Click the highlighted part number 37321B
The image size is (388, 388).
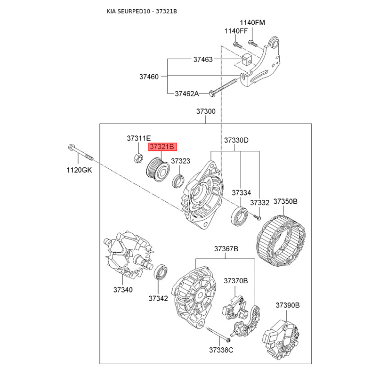pyautogui.click(x=162, y=147)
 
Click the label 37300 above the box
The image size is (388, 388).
pyautogui.click(x=206, y=112)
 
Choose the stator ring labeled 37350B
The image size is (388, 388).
pyautogui.click(x=281, y=241)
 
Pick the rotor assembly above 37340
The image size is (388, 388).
pyautogui.click(x=128, y=255)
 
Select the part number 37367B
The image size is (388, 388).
pyautogui.click(x=226, y=249)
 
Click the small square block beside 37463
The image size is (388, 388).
pyautogui.click(x=246, y=60)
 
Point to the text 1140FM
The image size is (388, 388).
pyautogui.click(x=252, y=23)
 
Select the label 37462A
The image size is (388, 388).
pyautogui.click(x=187, y=94)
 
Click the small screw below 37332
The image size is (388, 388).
pyautogui.click(x=257, y=217)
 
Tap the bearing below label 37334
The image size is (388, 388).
pyautogui.click(x=239, y=215)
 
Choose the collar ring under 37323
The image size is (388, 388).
pyautogui.click(x=178, y=181)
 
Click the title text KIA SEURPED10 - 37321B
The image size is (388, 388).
pyautogui.click(x=142, y=11)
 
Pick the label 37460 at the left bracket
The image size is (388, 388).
pyautogui.click(x=149, y=77)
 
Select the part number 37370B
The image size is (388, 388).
pyautogui.click(x=236, y=281)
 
